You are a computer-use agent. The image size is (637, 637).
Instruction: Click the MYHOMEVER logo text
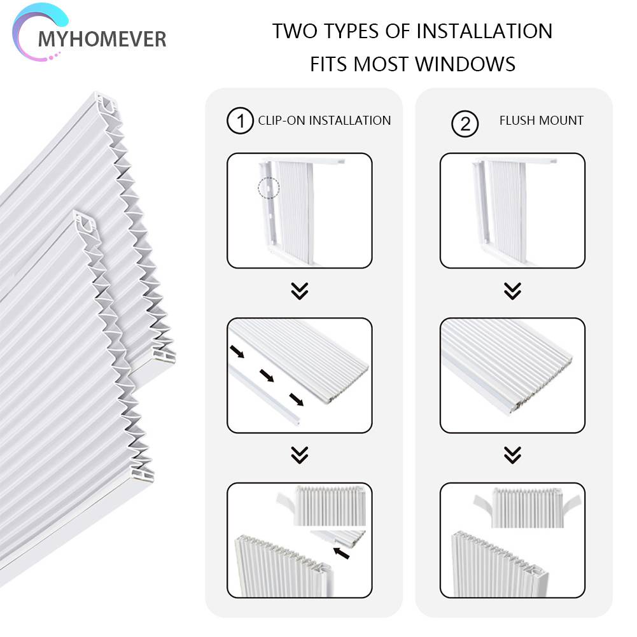pos(102,39)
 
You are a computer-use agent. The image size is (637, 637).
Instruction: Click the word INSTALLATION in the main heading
pos(484,31)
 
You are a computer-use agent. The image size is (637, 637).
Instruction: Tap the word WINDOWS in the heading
pos(465,64)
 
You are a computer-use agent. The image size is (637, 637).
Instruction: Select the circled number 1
pos(240,121)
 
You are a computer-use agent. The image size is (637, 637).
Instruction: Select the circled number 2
pos(465,123)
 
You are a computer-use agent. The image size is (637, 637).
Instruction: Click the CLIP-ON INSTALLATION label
pos(324,121)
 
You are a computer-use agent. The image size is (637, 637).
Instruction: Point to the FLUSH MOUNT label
pos(541,121)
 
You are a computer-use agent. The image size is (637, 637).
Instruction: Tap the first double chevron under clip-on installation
pos(300,291)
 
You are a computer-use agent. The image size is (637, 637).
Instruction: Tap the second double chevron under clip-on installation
pos(300,455)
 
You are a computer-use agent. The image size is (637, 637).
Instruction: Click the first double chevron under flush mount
pos(513,291)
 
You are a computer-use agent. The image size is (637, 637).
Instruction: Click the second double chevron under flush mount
pos(513,455)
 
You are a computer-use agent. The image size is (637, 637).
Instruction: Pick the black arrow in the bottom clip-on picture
pos(341,553)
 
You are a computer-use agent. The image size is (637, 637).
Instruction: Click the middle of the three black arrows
pos(267,375)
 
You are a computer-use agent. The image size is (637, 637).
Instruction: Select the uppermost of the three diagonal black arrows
pos(237,351)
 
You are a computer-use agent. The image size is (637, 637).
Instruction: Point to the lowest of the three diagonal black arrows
pos(297,400)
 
